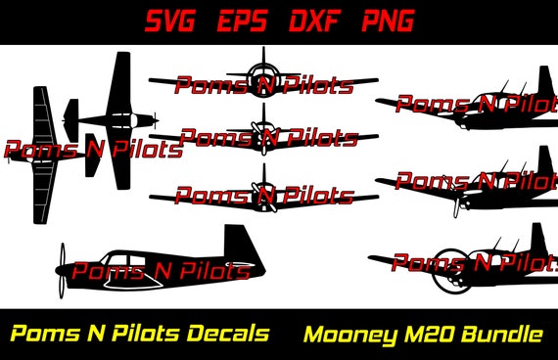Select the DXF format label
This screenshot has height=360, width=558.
(x=319, y=21)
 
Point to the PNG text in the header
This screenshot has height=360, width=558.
(x=387, y=21)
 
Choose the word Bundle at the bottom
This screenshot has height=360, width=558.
(x=503, y=335)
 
